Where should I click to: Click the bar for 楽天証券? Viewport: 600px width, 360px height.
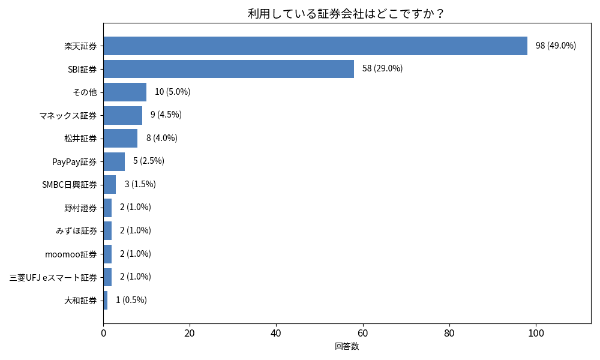[315, 46]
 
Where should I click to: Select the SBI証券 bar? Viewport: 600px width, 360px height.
[229, 69]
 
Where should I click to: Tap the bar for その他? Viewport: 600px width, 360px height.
[125, 92]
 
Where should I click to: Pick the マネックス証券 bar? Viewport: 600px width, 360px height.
[122, 115]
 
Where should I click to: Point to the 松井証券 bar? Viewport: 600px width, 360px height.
[120, 138]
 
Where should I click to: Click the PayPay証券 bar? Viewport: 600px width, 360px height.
[114, 161]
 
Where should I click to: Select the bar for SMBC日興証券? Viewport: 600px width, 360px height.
[109, 184]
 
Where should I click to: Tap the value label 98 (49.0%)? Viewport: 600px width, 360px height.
[556, 46]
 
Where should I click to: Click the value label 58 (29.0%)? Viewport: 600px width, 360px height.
[382, 68]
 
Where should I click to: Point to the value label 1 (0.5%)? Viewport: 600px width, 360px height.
[131, 300]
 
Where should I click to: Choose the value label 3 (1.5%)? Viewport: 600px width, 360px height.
[140, 184]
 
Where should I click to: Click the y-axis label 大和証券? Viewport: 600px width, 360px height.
[80, 300]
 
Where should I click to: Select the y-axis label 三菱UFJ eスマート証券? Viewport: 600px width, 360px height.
[53, 277]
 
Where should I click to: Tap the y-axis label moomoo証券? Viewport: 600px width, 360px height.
[71, 254]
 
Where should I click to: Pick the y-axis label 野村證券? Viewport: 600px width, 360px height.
[80, 208]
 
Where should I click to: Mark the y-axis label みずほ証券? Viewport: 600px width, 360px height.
[76, 231]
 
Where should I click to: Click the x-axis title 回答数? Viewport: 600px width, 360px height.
[347, 346]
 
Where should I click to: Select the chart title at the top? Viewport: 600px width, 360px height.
[347, 13]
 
